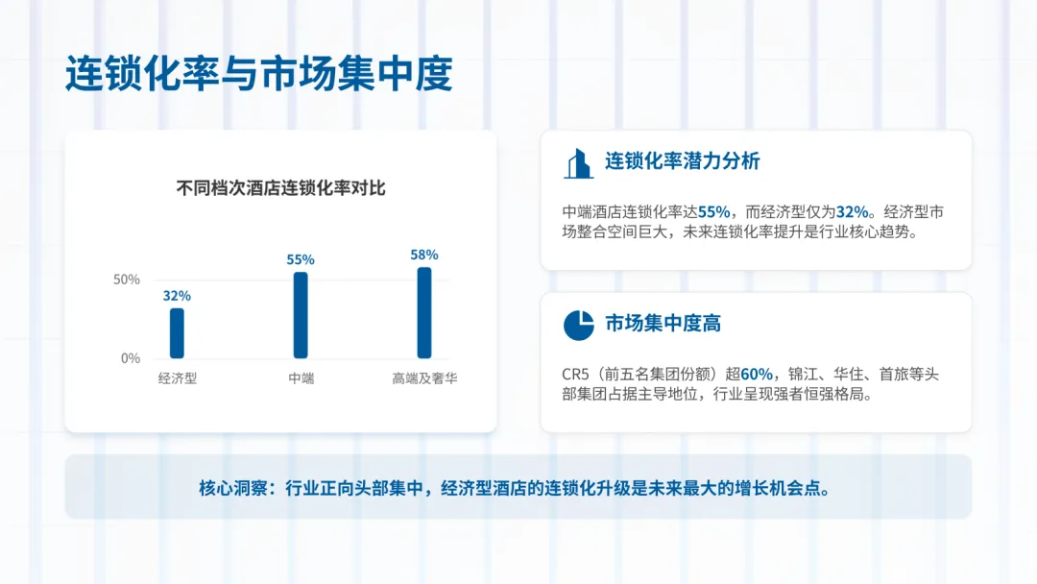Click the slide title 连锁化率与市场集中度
coord(258,74)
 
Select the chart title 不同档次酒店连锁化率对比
coord(280,188)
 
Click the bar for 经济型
coord(177,332)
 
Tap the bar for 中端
coord(301,315)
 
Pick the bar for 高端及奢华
coord(424,312)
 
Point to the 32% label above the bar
coord(177,296)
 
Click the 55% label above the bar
coord(301,259)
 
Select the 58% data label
coord(424,255)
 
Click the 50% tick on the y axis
coord(127,280)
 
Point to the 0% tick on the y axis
coord(131,358)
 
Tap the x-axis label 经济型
coord(178,378)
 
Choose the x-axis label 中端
coord(301,378)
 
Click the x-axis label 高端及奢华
coord(424,378)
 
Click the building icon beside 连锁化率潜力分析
coord(578,163)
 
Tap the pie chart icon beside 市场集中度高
coord(578,325)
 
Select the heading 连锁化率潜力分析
coord(682,161)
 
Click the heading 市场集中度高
coord(663,324)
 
